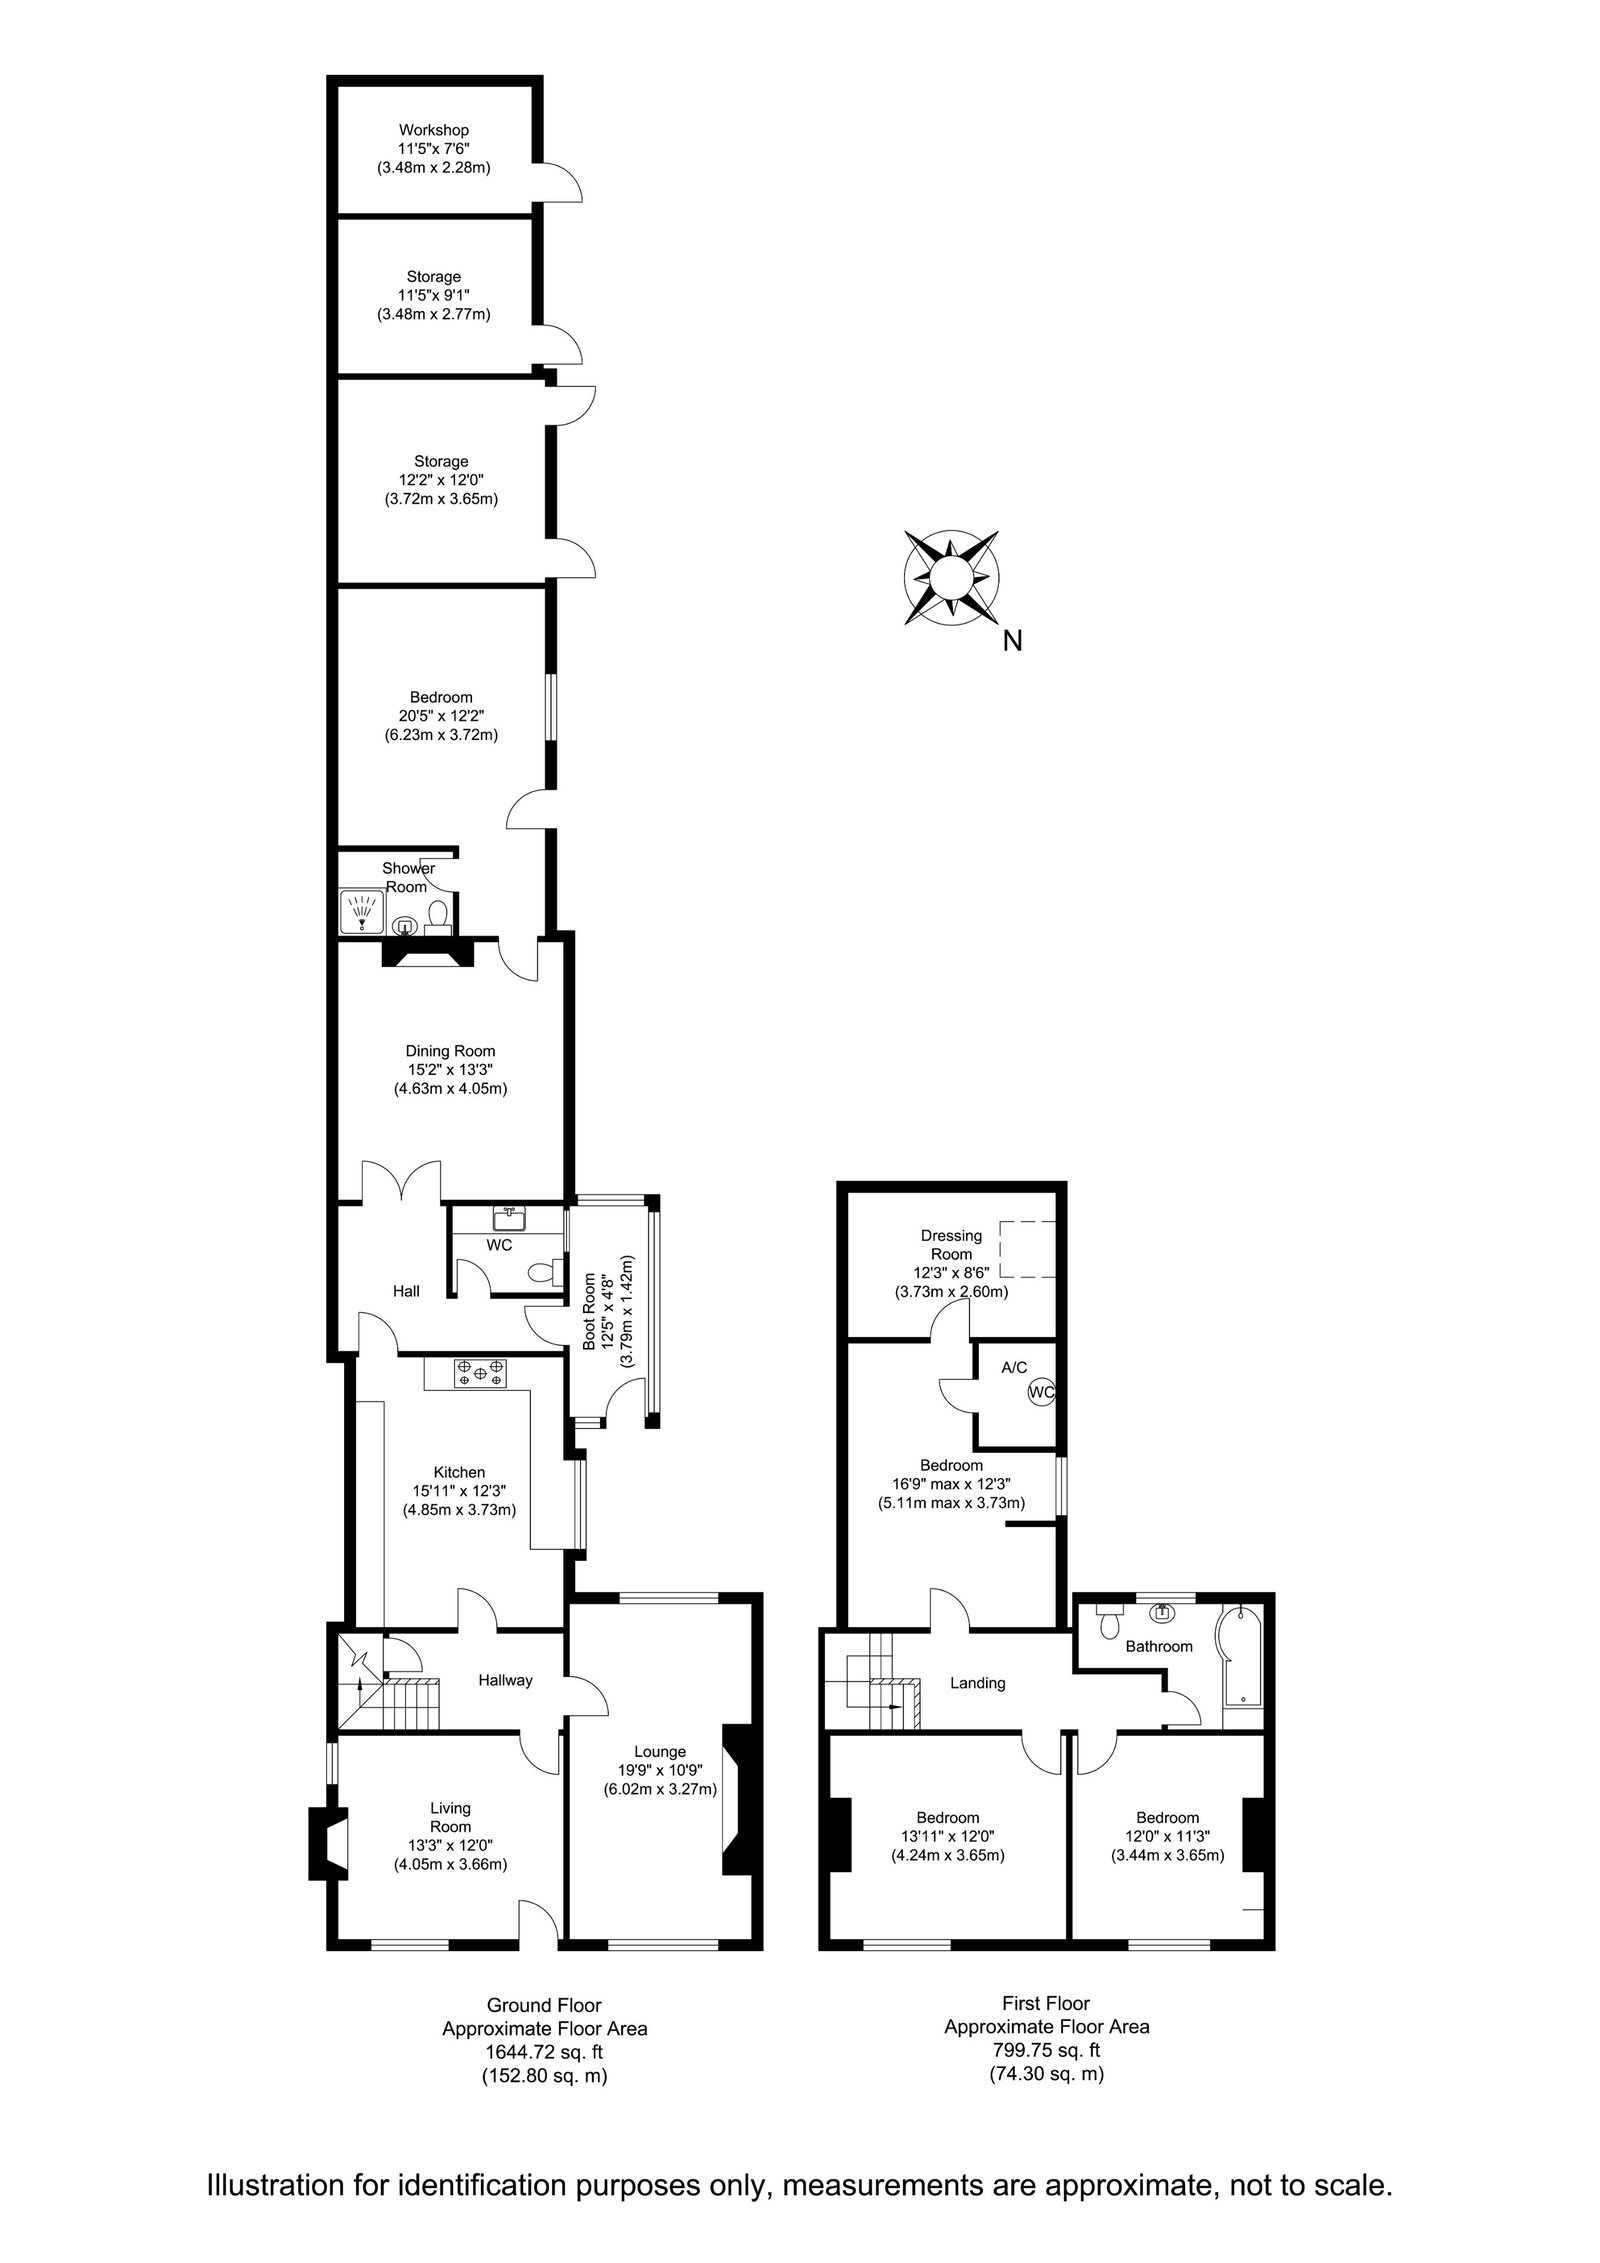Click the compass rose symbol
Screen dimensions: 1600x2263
[x=950, y=577]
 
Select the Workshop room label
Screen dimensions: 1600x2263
[x=434, y=130]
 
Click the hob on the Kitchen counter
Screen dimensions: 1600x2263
[x=480, y=1373]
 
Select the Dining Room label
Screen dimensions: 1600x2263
[x=450, y=1051]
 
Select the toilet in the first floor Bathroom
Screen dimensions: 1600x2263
[x=1107, y=1622]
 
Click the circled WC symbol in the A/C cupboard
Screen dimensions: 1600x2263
[x=1041, y=1391]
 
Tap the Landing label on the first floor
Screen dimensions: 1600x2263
[x=977, y=1683]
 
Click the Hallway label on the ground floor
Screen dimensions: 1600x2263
[x=505, y=1680]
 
